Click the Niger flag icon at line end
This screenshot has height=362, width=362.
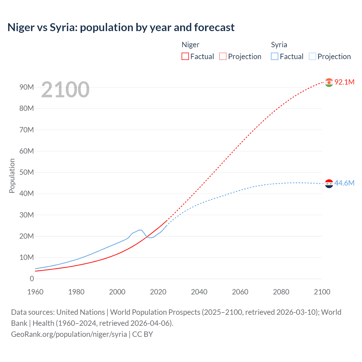click(329, 82)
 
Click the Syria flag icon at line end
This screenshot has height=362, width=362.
click(329, 184)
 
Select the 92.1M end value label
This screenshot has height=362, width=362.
click(344, 82)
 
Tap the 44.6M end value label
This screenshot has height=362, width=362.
click(344, 183)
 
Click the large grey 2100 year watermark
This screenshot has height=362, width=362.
click(65, 90)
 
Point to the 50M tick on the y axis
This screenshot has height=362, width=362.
click(27, 172)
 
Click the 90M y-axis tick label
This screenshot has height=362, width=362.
click(27, 87)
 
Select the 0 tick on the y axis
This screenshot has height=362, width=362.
click(32, 279)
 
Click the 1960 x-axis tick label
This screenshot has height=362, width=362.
click(35, 292)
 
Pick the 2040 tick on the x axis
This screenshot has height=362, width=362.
click(199, 292)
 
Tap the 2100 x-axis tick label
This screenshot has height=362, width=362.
click(322, 292)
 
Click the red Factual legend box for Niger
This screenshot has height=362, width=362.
click(185, 56)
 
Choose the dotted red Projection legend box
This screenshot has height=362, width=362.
click(223, 56)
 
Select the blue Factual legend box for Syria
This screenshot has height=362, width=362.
click(275, 56)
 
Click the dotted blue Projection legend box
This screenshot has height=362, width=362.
click(313, 56)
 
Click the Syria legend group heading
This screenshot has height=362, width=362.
click(279, 45)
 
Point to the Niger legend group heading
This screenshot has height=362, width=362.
click(190, 45)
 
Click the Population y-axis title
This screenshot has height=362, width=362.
click(12, 176)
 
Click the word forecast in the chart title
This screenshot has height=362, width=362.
click(214, 27)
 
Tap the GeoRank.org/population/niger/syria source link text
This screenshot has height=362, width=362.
click(69, 334)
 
